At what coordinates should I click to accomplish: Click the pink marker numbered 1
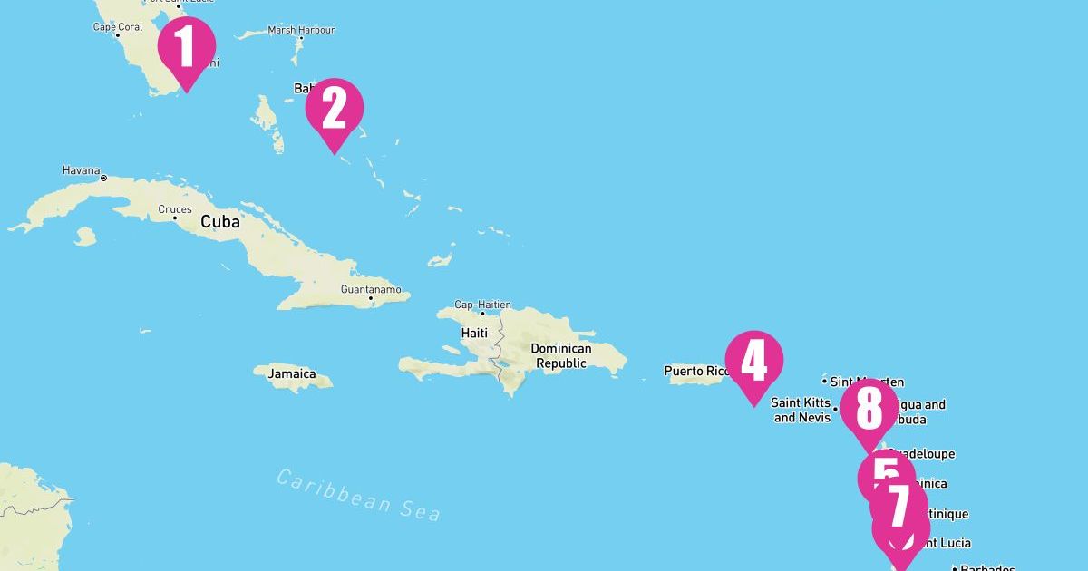187,47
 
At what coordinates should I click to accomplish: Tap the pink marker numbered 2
335,109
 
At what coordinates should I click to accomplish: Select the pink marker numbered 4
754,361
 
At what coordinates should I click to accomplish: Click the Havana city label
81,170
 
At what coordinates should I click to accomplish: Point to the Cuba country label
220,222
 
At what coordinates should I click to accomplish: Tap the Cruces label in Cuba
175,209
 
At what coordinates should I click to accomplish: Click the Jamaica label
292,373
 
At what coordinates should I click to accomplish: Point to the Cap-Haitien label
482,305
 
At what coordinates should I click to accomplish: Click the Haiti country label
474,333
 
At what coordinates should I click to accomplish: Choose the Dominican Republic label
561,356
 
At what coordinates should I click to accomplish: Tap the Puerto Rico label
696,371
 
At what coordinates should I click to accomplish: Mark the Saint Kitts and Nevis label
801,410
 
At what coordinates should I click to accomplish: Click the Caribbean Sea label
359,495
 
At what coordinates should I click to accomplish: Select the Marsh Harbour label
301,30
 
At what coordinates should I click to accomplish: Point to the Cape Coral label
118,27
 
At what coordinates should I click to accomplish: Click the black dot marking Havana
103,178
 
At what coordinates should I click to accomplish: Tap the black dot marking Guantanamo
371,298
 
